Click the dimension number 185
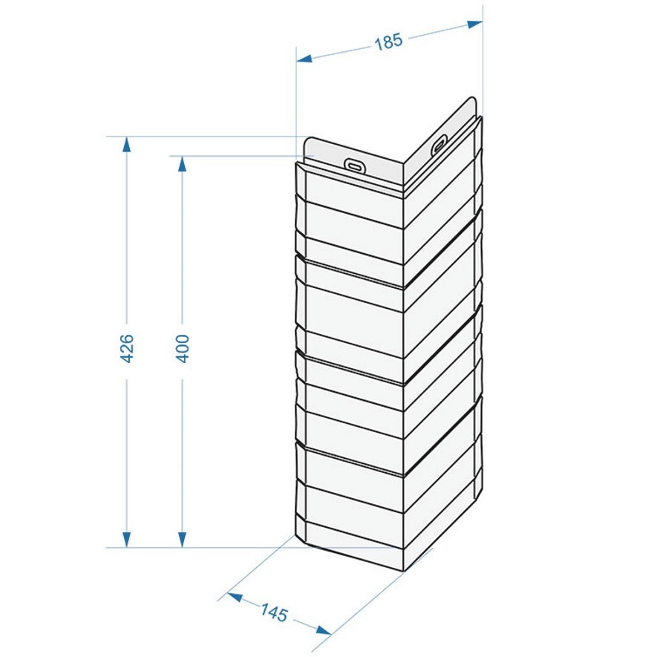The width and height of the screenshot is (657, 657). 388,42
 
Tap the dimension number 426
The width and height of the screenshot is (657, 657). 126,348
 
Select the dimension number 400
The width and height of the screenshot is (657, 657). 183,348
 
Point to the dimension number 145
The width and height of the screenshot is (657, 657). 274,612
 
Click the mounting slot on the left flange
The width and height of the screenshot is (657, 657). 354,165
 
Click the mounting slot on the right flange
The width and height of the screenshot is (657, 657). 439,145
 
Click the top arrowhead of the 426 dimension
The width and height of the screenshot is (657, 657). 126,144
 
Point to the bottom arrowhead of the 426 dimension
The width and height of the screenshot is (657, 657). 126,540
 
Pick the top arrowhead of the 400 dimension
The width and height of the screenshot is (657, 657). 183,164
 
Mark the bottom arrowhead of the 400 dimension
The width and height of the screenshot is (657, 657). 183,540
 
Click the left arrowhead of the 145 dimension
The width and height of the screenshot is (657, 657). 235,597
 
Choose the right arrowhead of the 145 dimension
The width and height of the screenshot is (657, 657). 324,630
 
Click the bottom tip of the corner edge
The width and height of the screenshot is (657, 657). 404,571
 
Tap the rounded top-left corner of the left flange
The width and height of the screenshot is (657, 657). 307,140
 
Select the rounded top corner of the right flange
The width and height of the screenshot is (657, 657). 473,99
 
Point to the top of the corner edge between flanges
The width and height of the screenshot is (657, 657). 404,163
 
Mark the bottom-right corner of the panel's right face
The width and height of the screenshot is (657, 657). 482,488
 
